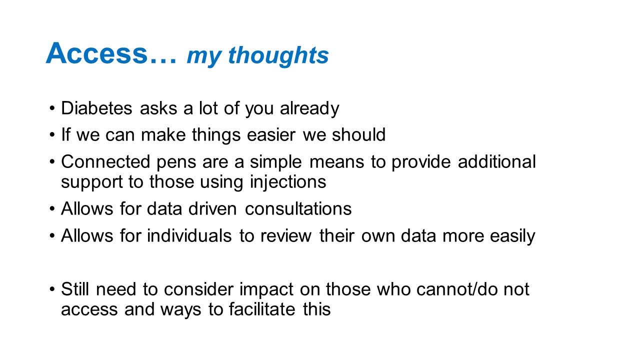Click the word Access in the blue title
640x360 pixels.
[x=96, y=53]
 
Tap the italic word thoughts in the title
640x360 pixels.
[x=278, y=55]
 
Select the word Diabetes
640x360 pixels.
[x=96, y=108]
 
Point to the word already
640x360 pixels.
[x=309, y=109]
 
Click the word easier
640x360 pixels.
[x=271, y=134]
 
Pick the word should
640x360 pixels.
[x=358, y=134]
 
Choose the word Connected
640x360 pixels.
[x=105, y=161]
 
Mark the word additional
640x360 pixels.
[x=497, y=161]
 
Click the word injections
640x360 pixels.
[x=288, y=182]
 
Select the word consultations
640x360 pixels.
[x=298, y=208]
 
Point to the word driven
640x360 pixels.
[x=212, y=208]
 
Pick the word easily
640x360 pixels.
[x=512, y=236]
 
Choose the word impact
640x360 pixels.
[x=266, y=290]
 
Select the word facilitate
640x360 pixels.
[x=262, y=309]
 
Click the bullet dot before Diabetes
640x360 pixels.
[x=51, y=108]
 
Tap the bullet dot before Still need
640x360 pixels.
[x=51, y=289]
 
